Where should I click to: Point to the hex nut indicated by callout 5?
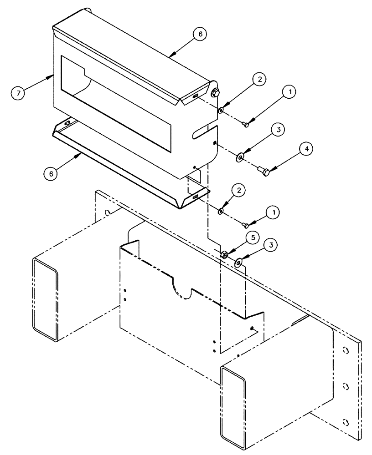(x=225, y=255)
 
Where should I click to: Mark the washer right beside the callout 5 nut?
(x=238, y=263)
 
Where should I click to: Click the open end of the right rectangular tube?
(x=233, y=404)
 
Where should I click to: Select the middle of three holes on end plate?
(x=345, y=386)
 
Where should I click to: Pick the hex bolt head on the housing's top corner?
(x=215, y=93)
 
